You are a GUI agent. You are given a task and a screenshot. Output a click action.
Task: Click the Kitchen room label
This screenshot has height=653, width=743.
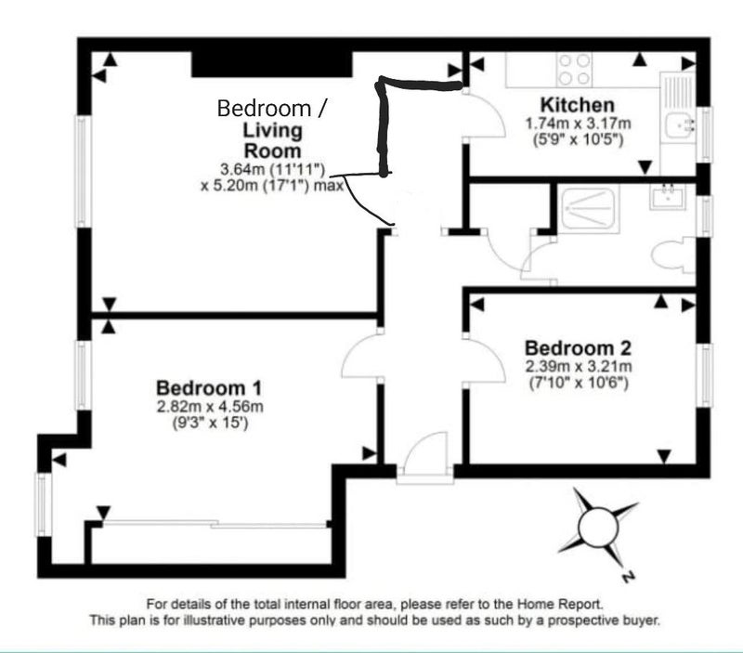point(577,105)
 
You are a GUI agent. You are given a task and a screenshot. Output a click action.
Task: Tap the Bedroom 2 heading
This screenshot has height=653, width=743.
point(578,348)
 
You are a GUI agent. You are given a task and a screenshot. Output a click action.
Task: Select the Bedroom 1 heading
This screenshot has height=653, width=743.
point(209,388)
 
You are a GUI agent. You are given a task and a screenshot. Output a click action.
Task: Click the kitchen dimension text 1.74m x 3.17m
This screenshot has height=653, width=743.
point(578,124)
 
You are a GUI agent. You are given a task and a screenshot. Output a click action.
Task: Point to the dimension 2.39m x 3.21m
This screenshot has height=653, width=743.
point(579,366)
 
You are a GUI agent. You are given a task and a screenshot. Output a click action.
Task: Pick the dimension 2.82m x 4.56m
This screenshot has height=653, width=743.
point(210,407)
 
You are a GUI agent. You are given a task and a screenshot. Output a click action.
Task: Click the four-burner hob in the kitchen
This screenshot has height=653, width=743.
point(575,69)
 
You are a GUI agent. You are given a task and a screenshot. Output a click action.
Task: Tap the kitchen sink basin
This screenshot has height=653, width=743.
point(680,125)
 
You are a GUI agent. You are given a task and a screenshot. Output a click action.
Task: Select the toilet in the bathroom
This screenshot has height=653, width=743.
point(672,255)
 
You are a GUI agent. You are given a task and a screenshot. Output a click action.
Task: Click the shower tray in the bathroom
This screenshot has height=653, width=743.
point(589,208)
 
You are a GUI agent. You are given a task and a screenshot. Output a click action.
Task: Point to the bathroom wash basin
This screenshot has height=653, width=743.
point(667,197)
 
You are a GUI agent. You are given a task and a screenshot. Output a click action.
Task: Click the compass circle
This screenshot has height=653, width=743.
point(598,527)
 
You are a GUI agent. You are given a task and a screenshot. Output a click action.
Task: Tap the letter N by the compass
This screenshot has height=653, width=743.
point(628,577)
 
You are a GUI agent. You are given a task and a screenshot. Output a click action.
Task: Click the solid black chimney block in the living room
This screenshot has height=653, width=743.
point(272,64)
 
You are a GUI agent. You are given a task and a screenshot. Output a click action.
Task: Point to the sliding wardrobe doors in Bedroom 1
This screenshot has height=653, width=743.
point(215,525)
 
